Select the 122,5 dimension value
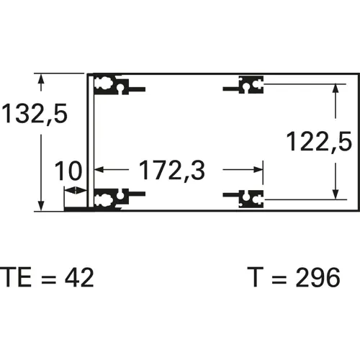coord(319,141)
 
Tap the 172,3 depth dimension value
coord(171,171)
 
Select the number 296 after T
coord(315,277)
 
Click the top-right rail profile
coord(247,86)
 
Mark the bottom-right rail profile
coord(247,197)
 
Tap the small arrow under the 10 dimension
coord(72,190)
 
